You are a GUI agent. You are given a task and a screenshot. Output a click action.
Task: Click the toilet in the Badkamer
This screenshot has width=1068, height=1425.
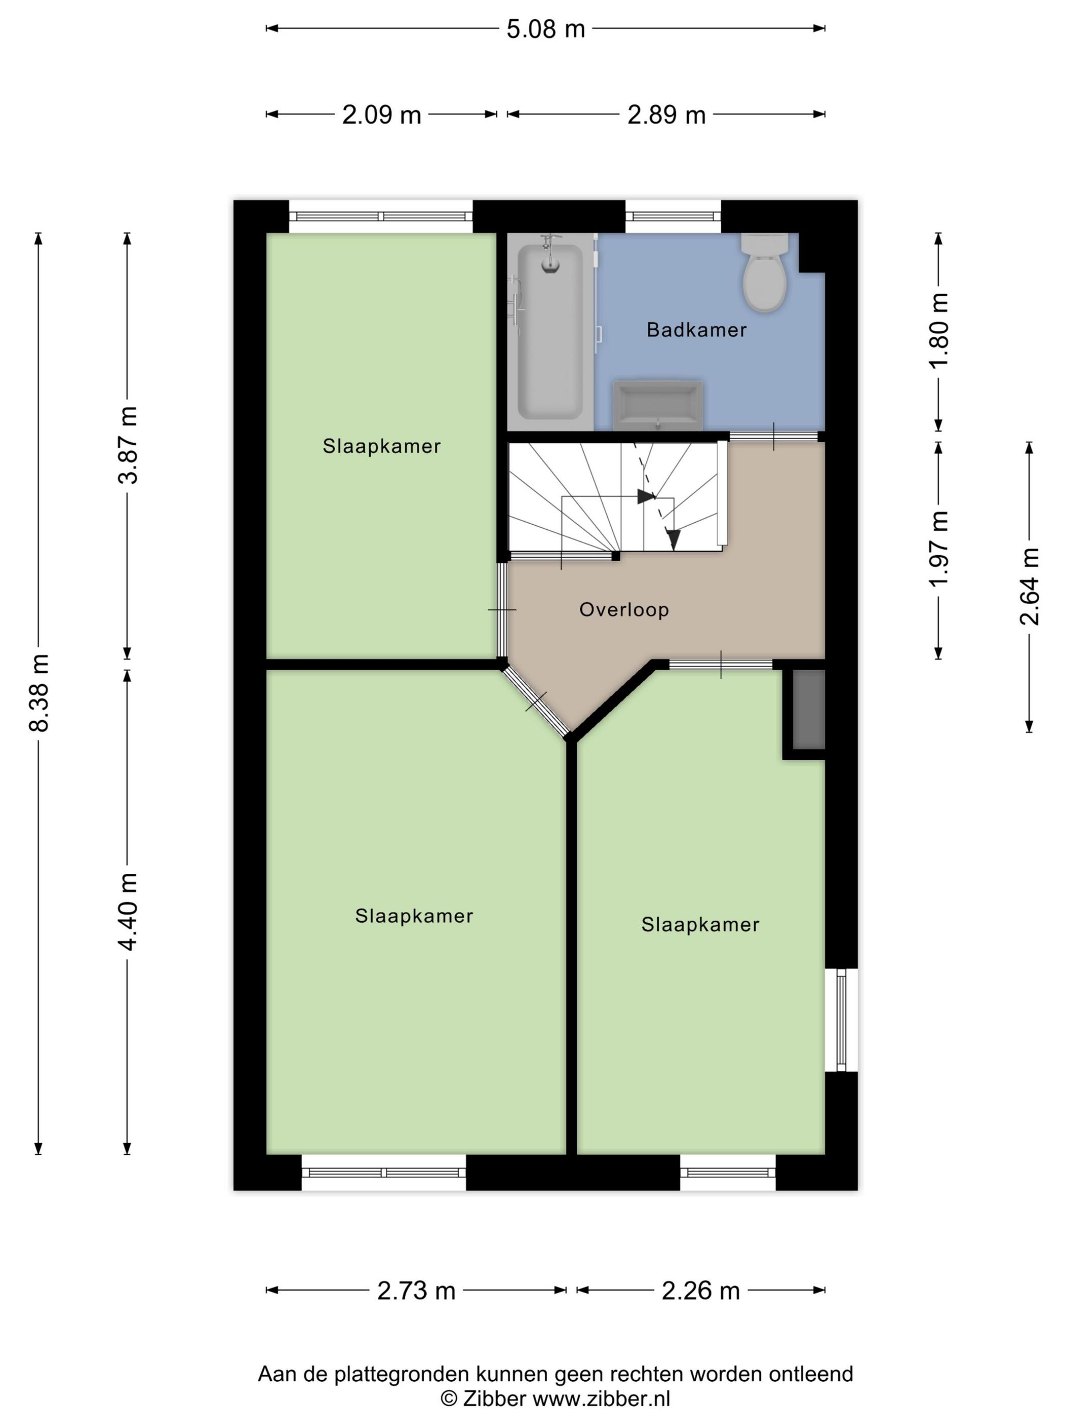pyautogui.click(x=764, y=272)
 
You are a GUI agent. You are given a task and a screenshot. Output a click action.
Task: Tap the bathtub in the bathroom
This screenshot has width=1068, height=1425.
pyautogui.click(x=550, y=331)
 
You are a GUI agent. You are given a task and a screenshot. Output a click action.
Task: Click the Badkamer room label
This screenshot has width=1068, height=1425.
pyautogui.click(x=697, y=330)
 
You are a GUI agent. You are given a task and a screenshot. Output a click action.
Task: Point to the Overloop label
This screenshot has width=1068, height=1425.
pyautogui.click(x=624, y=609)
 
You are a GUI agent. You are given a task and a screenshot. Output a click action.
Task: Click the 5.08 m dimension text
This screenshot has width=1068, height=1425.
pyautogui.click(x=545, y=29)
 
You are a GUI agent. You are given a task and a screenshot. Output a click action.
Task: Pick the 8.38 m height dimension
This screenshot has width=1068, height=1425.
pyautogui.click(x=39, y=693)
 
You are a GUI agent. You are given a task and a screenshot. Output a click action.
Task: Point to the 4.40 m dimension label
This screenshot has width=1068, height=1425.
pyautogui.click(x=128, y=911)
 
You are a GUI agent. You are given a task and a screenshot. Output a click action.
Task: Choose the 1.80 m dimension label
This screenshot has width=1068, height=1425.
pyautogui.click(x=939, y=329)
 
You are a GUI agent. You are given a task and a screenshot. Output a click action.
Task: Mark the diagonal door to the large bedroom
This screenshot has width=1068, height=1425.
pyautogui.click(x=536, y=701)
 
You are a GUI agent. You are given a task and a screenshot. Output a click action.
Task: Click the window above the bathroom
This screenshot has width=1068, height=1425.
pyautogui.click(x=673, y=216)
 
